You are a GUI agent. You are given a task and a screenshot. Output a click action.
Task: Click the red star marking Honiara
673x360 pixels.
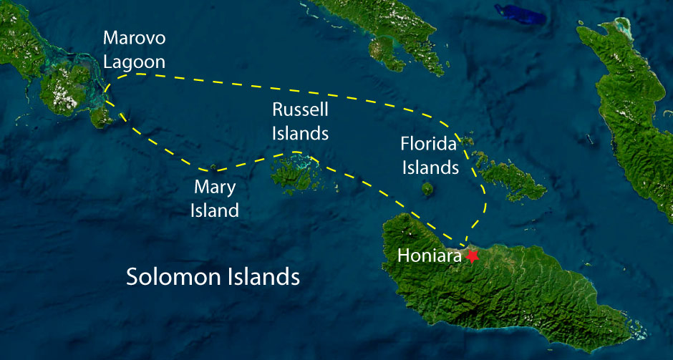pyautogui.click(x=473, y=256)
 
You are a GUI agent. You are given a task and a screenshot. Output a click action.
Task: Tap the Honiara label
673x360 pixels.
pyautogui.click(x=429, y=256)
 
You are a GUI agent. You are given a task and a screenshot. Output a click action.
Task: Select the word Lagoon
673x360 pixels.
pyautogui.click(x=134, y=62)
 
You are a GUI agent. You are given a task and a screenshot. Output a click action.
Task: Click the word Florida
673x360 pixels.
pyautogui.click(x=429, y=145)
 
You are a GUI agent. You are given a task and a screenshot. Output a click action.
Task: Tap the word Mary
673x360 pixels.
pyautogui.click(x=216, y=188)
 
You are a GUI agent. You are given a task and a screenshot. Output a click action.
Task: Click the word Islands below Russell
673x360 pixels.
pyautogui.click(x=300, y=133)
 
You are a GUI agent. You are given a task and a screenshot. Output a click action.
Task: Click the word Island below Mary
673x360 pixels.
pyautogui.click(x=216, y=210)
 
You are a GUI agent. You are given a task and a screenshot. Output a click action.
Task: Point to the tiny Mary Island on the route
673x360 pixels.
pyautogui.click(x=213, y=168)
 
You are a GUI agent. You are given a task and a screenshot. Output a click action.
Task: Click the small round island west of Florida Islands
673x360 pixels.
pyautogui.click(x=427, y=189)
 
